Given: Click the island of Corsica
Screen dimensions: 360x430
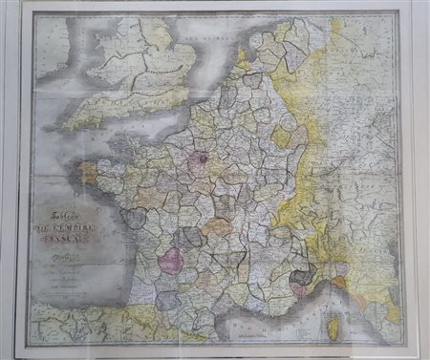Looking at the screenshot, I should tap(335, 321).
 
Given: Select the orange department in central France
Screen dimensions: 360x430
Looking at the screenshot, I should tap(217, 226).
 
